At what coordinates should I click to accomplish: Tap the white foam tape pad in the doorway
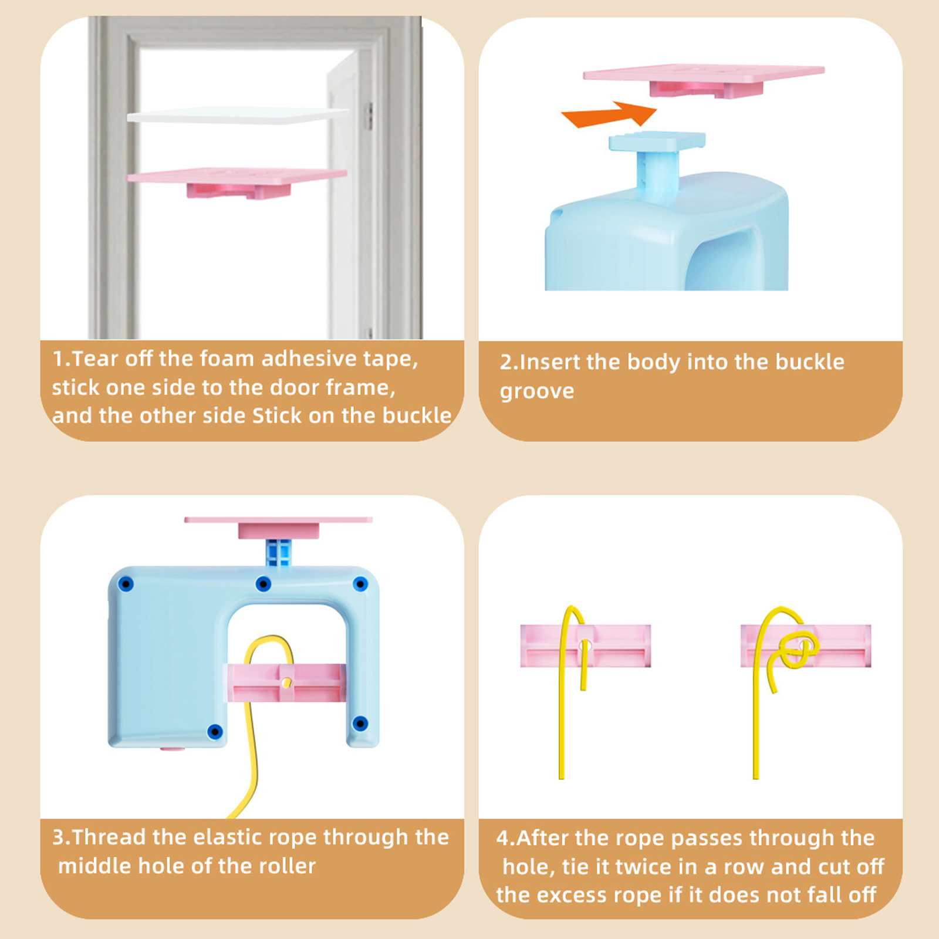coord(238,115)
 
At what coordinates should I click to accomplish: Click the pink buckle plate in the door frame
coord(237,182)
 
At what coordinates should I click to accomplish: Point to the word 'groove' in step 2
coord(537,392)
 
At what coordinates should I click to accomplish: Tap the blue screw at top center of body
coord(264,584)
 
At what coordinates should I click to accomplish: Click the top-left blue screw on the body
coord(126,585)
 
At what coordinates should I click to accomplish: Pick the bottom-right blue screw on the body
coord(361,723)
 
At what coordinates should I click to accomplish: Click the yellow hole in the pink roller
coord(286,682)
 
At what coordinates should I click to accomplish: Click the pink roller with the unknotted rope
coord(586,646)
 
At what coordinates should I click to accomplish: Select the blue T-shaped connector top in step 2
coord(657,141)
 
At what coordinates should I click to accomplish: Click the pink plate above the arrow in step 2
coord(704,79)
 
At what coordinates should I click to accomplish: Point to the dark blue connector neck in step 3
coord(278,552)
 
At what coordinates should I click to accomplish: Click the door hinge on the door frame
coord(370,116)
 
